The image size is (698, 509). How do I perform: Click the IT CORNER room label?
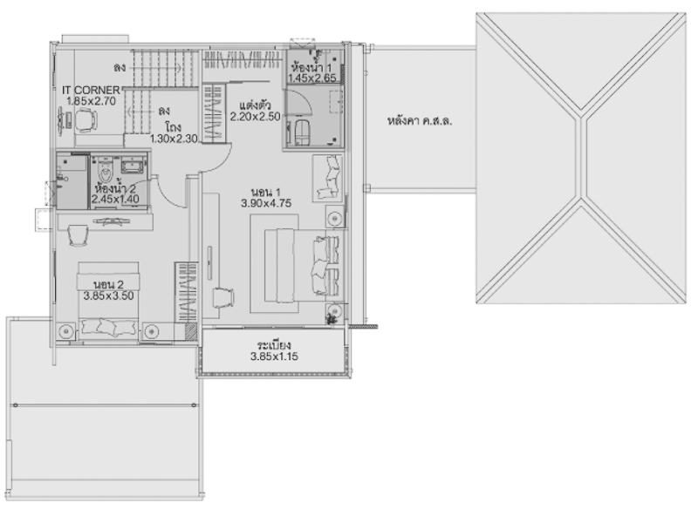pos(91,91)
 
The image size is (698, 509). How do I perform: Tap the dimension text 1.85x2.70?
pos(91,101)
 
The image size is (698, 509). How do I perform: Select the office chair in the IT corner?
pos(86,120)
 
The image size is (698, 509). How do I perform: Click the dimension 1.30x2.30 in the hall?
pos(174,139)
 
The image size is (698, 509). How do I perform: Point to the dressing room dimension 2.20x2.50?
pos(255,117)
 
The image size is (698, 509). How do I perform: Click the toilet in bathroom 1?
pos(302,132)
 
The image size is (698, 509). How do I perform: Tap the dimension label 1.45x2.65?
pos(311,78)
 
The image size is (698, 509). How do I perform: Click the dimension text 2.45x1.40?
pos(115,199)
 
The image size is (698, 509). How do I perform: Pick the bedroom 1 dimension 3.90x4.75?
pos(266,203)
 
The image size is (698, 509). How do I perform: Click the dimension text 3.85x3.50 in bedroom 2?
pos(108,295)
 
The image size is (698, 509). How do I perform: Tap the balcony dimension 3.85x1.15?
pos(274,356)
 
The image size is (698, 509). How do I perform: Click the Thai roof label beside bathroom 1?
pos(420,120)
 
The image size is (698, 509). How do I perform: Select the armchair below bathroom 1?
pos(328,178)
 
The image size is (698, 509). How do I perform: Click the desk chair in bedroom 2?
pos(78,235)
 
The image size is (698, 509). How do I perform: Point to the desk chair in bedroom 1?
pos(223,297)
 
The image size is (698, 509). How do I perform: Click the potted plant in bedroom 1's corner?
pos(331,319)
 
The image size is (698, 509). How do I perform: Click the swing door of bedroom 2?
pos(170,192)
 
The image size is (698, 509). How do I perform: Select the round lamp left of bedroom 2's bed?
pos(66,331)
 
